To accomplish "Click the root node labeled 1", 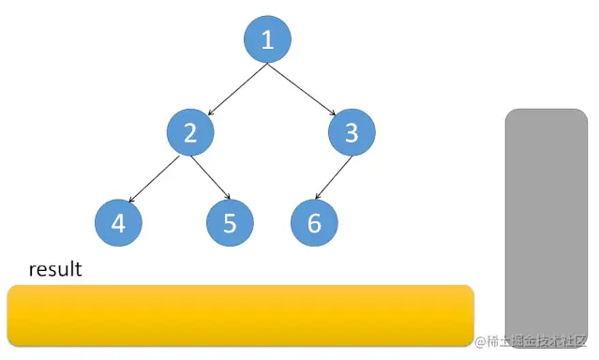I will click(267, 40).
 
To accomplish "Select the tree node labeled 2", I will click(190, 133).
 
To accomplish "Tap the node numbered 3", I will click(352, 133).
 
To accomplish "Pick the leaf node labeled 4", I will click(118, 224).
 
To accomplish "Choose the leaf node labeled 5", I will click(230, 224).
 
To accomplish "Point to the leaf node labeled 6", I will click(313, 224).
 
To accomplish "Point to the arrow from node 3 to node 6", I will click(336, 178).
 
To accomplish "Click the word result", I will click(55, 270).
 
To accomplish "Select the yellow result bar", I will click(240, 315).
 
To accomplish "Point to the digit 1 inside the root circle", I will click(267, 40).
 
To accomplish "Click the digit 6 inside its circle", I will click(313, 224).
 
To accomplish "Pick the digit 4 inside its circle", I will click(118, 224).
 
